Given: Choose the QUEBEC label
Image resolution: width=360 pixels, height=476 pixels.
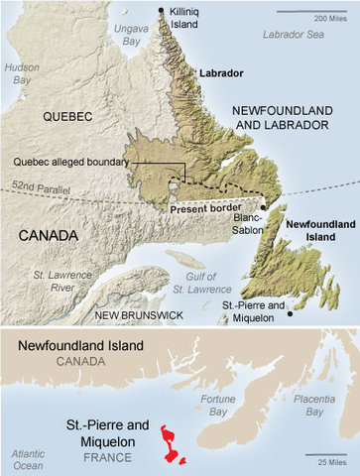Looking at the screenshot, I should pos(67,116).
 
